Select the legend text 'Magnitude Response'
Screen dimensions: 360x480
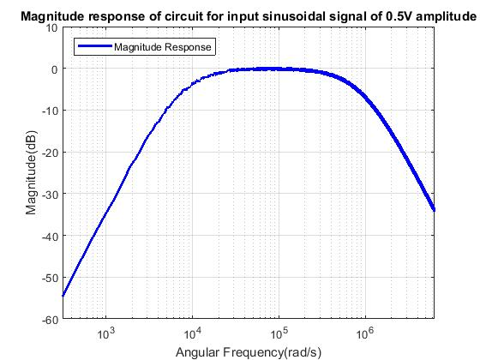[x=163, y=47]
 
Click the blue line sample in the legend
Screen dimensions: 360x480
[x=95, y=47]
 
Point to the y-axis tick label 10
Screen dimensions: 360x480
[x=51, y=27]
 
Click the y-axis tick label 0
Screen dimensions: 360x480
[x=54, y=69]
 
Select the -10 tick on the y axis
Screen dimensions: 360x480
[x=50, y=111]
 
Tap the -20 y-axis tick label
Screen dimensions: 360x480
[x=50, y=153]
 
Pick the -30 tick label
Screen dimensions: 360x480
[x=50, y=195]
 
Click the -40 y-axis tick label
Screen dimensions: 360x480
[x=50, y=236]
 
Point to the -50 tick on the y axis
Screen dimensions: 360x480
[x=50, y=278]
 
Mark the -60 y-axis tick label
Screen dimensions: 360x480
[x=50, y=319]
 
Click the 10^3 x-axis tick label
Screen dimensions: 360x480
[x=106, y=333]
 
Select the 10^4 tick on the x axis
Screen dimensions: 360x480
[x=192, y=333]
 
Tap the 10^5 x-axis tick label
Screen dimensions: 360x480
[x=279, y=333]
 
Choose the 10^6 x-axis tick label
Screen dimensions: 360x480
[x=364, y=333]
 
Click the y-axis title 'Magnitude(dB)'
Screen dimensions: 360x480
[x=31, y=172]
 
